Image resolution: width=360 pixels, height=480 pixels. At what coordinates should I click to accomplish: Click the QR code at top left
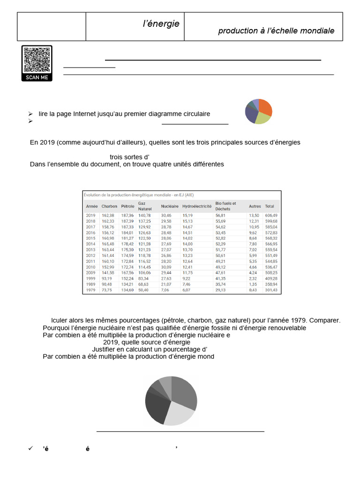37,60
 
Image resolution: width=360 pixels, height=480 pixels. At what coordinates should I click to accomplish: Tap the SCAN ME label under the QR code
37,77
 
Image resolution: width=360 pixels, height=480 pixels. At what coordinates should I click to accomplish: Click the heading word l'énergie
161,24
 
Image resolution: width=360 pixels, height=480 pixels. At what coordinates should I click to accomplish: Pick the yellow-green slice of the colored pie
262,119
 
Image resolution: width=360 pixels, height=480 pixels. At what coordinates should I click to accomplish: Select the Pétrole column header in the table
127,206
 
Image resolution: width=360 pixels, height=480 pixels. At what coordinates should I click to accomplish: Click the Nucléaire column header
169,206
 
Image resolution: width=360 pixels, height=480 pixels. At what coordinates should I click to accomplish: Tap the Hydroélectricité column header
196,206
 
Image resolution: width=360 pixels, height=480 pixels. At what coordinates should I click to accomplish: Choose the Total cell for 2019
271,215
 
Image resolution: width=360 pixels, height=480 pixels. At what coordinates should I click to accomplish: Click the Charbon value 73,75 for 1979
108,290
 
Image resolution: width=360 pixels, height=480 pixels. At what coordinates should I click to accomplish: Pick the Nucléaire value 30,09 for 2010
166,267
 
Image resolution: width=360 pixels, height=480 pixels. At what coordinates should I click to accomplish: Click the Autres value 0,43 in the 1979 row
253,290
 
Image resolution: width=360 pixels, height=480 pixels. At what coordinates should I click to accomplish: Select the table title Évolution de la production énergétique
138,195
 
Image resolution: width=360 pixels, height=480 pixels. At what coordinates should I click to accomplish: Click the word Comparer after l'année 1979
324,320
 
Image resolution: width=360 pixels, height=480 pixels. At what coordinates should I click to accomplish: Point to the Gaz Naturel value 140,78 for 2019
144,215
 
